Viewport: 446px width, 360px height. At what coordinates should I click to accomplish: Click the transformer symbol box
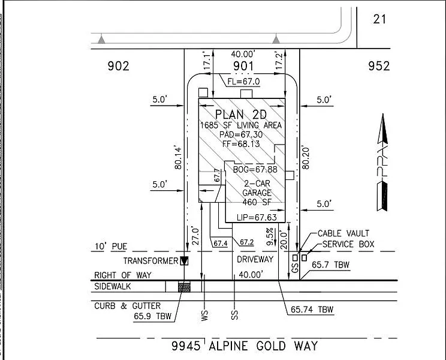184,260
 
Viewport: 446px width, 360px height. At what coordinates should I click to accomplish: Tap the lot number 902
118,66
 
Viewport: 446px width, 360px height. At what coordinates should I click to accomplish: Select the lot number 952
379,66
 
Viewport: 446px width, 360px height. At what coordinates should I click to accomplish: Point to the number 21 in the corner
379,19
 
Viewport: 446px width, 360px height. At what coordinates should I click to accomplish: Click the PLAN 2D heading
241,115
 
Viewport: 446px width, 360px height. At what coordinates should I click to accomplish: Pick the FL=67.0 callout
243,82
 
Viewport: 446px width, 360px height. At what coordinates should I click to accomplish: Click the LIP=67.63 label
257,217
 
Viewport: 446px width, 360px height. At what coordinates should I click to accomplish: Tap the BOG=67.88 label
255,169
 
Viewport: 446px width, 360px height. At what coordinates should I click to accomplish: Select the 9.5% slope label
270,236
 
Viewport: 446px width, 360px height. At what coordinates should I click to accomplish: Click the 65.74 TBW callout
312,310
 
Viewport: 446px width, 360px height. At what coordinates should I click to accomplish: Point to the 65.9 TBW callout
153,316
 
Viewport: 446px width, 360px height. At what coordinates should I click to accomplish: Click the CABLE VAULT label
343,233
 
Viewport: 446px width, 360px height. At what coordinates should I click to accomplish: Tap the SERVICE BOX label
348,244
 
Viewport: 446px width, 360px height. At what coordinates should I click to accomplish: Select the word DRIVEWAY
255,259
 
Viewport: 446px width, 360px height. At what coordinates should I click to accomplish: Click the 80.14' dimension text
178,158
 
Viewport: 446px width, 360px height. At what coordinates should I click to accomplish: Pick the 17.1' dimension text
207,61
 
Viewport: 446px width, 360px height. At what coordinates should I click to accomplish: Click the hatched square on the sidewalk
184,287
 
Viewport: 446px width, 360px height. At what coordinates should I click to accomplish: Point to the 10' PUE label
111,246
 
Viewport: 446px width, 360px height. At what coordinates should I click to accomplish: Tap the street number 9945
186,346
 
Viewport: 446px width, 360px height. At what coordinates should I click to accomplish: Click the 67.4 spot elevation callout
221,244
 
